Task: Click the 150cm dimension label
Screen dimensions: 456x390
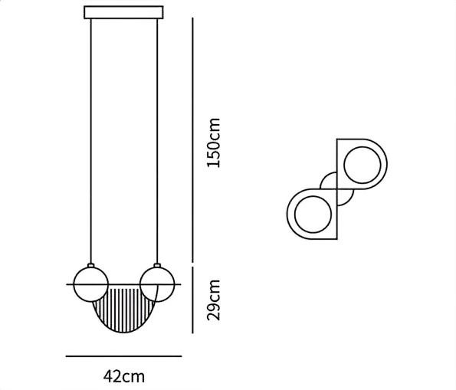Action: [214, 143]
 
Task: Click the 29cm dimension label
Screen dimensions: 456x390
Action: [214, 300]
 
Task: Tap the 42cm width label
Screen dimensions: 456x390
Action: [124, 377]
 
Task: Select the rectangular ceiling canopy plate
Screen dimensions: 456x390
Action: [123, 12]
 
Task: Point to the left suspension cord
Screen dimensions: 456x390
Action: [90, 141]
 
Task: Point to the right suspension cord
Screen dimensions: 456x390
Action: [157, 141]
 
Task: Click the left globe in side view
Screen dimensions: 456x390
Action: [90, 284]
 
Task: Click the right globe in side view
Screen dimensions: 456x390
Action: [157, 284]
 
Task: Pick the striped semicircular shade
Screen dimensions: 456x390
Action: [124, 309]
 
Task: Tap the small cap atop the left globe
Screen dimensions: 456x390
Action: [90, 265]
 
